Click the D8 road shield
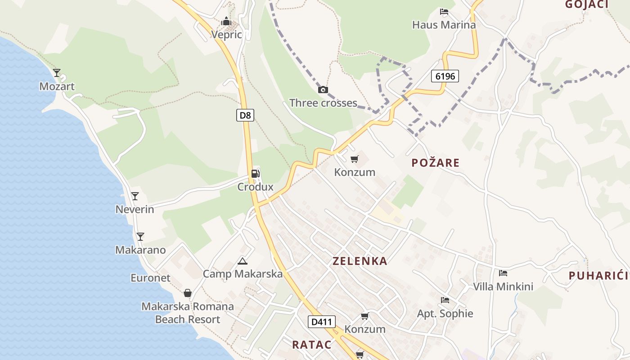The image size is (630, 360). tap(245, 115)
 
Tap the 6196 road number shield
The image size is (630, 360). tap(445, 76)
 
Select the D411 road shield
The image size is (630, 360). tap(322, 322)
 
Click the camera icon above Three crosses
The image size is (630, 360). tap(323, 90)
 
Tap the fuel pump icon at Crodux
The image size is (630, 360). tap(255, 174)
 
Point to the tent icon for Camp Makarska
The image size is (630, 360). tap(242, 261)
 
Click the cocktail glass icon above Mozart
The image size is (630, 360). tap(57, 72)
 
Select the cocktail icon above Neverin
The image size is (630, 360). tap(135, 196)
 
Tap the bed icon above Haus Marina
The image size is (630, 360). tap(444, 12)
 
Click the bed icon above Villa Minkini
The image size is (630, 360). tap(503, 273)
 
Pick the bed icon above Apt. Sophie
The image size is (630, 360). tap(445, 300)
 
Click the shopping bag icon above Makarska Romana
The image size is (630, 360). tap(188, 293)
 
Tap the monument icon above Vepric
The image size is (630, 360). tap(226, 21)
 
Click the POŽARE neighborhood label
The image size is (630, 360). tap(435, 163)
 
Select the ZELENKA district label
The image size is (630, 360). tap(360, 261)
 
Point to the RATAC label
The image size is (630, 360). tap(311, 345)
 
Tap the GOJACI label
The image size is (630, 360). tap(586, 4)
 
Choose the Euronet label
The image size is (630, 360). tap(151, 278)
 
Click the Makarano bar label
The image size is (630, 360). tap(140, 250)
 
